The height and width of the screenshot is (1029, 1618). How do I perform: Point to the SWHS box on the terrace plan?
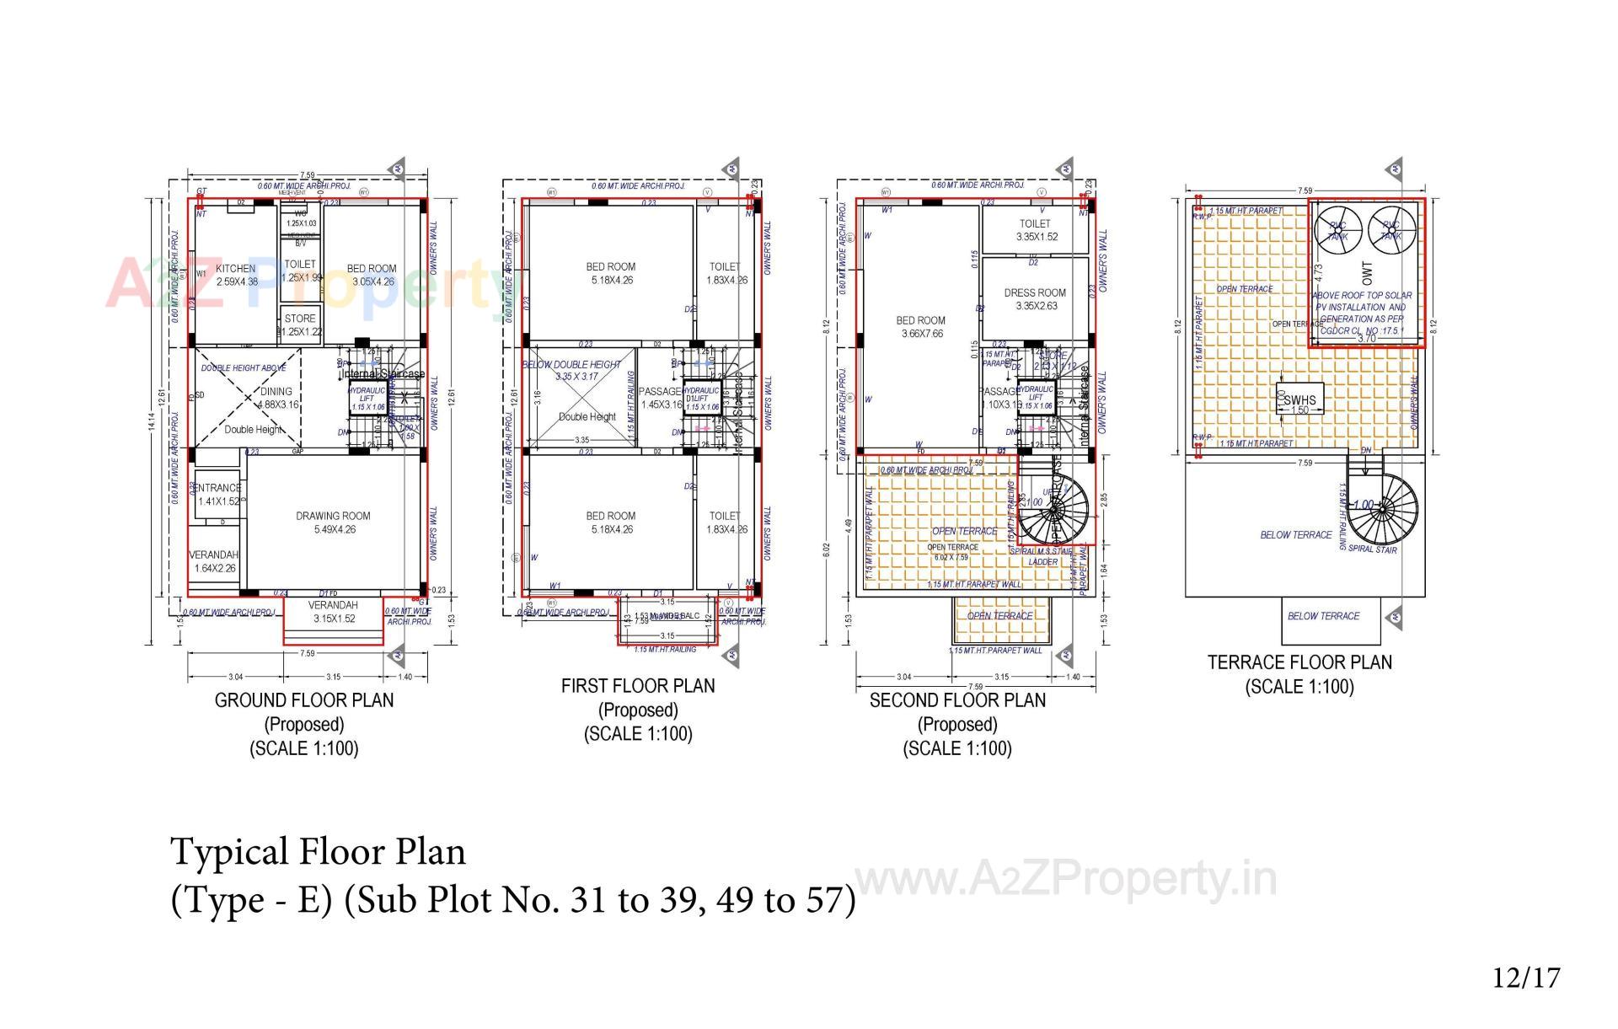click(x=1299, y=400)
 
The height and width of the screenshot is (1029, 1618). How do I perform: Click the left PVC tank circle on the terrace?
click(x=1337, y=229)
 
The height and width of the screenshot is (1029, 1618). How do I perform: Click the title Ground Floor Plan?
click(x=303, y=700)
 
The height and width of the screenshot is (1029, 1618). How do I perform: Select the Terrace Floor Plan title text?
click(x=1299, y=662)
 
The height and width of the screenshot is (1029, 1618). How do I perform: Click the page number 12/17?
click(x=1526, y=978)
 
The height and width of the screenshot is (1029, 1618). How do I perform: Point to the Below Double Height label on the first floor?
click(x=571, y=365)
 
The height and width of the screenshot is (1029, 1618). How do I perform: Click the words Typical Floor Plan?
click(x=319, y=852)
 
